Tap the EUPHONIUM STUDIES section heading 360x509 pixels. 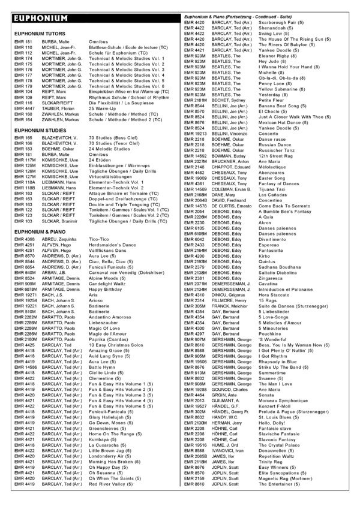[x=40, y=129]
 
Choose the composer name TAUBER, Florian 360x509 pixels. [x=57, y=108]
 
